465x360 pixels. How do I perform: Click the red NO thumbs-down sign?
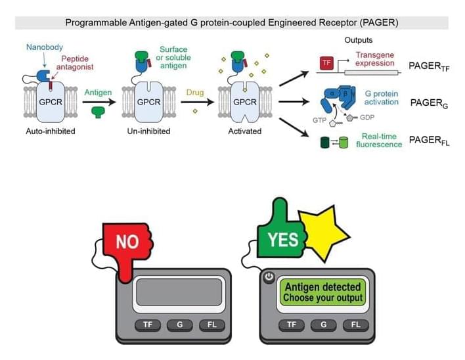pos(127,242)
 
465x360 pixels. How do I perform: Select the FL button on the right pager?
pos(355,325)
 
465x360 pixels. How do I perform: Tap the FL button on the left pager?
pos(211,325)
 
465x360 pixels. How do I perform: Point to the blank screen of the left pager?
pos(179,293)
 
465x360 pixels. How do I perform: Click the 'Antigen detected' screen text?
pos(322,287)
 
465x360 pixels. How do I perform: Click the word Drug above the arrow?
pos(195,93)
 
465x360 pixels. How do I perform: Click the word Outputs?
pos(359,41)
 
